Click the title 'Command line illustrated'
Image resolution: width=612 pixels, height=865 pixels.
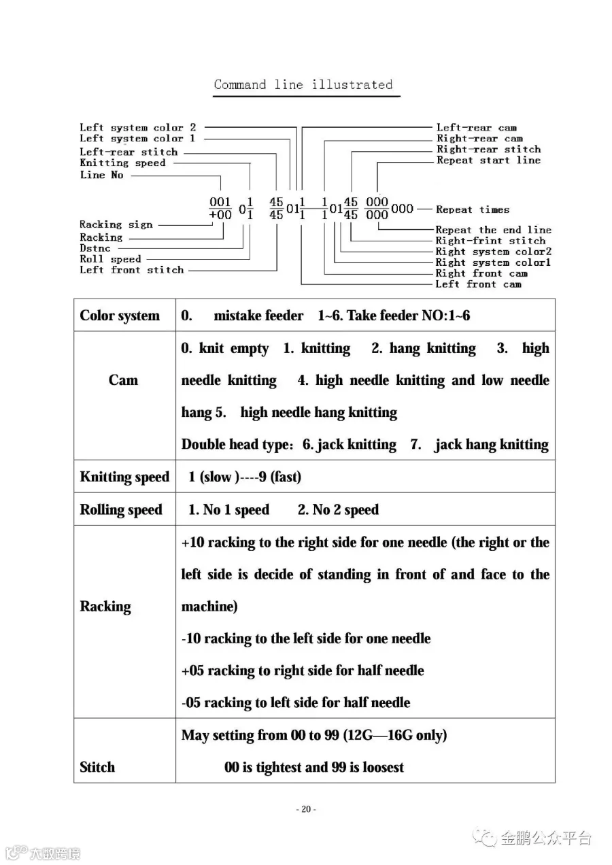point(303,85)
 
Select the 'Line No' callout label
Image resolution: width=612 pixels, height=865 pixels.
point(102,175)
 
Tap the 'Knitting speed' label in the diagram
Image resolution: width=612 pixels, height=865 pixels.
point(122,163)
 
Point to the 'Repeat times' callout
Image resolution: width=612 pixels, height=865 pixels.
point(473,209)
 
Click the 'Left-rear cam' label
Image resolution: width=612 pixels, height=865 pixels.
point(476,127)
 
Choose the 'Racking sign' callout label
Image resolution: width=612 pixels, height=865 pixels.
point(116,224)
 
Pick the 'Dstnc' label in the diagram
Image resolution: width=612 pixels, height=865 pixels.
point(95,248)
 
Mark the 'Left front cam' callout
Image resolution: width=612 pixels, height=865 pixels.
point(478,284)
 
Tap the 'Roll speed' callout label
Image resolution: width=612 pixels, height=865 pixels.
point(110,259)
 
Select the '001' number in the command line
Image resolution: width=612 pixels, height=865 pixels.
point(220,202)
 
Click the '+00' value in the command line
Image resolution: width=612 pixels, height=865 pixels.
point(220,215)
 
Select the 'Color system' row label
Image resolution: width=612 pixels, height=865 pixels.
point(120,316)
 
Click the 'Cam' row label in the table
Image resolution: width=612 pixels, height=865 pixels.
point(123,380)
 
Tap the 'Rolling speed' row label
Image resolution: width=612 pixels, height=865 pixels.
point(121,510)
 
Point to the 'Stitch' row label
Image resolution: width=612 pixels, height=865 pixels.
point(97,767)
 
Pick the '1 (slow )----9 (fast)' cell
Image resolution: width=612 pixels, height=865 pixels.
point(245,477)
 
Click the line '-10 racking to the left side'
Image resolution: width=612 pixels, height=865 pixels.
point(306,639)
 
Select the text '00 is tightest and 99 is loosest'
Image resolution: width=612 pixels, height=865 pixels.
point(314,768)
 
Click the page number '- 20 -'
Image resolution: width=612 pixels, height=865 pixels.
point(306,809)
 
